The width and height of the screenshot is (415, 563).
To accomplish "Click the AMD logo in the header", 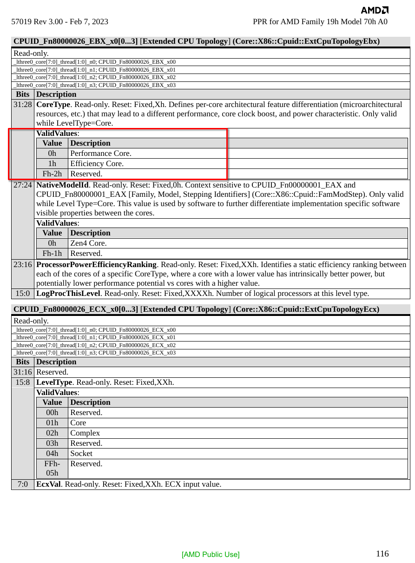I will pos(375,10).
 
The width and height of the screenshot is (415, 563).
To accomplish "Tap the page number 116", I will pos(382,554).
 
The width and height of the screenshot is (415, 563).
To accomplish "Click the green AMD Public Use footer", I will pos(211,554).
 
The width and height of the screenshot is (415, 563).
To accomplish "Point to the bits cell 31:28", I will pos(23,105).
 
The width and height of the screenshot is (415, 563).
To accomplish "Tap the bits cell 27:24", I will pos(23,185).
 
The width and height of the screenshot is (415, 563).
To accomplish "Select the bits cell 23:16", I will pos(23,265).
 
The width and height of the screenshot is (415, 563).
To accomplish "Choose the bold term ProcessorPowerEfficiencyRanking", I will pos(96,265).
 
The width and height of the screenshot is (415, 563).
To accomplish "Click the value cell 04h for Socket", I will pos(52,453).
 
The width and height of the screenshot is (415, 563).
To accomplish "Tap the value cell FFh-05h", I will pos(52,469).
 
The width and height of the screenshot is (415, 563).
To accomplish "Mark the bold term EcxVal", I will pos(48,484).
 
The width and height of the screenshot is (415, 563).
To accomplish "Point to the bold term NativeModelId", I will pos(62,185).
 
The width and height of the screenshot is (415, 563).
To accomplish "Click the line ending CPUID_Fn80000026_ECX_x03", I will pos(95,353).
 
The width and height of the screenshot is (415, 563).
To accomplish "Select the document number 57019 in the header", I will pos(20,22).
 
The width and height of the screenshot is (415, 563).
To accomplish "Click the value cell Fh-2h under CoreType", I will pos(52,174).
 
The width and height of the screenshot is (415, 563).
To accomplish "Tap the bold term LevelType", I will pos(54,382).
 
